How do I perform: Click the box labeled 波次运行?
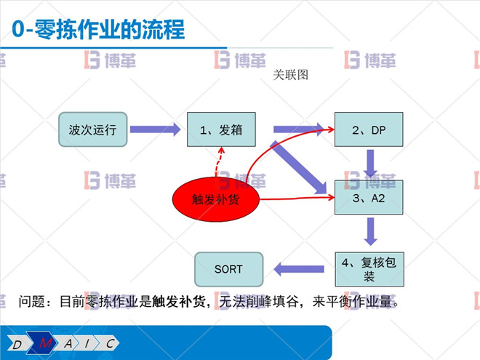(x=93, y=130)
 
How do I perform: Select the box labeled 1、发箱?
(x=221, y=130)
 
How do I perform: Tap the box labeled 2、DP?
(x=369, y=130)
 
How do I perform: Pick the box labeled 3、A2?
(x=369, y=197)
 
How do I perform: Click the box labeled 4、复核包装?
(x=369, y=268)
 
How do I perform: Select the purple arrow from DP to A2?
(x=371, y=163)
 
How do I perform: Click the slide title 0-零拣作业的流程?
(x=98, y=30)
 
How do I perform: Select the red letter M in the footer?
(x=47, y=343)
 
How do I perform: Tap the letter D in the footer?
(x=17, y=343)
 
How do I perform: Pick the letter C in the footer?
(x=109, y=343)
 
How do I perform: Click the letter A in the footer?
(x=68, y=343)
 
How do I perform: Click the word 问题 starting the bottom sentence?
(x=32, y=301)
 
